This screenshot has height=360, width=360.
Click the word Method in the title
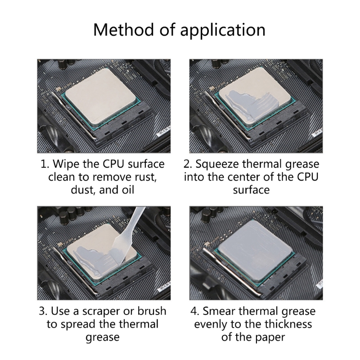[123, 29]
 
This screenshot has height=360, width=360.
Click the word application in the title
[223, 30]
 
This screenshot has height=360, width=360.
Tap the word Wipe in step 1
[66, 164]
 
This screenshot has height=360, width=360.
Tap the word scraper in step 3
[101, 311]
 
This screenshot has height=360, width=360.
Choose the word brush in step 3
[152, 311]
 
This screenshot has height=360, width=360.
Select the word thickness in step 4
[288, 324]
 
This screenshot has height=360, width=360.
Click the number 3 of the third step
[42, 311]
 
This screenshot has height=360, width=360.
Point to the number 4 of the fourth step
[193, 311]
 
